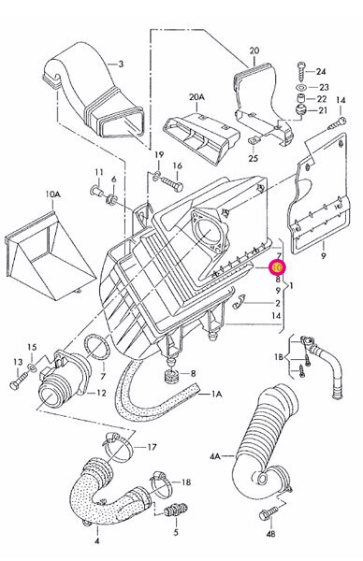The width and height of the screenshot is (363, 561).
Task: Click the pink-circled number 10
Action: (x=278, y=266)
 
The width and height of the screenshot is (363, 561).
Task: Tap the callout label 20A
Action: (x=196, y=97)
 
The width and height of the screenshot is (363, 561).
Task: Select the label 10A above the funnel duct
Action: (x=52, y=194)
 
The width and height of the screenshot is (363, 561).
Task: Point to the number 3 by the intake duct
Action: (x=121, y=64)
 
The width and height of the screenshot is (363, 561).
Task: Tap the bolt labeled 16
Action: (x=171, y=183)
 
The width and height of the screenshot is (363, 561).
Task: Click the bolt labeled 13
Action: (x=20, y=380)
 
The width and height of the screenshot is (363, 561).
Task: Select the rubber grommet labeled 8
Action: (x=171, y=375)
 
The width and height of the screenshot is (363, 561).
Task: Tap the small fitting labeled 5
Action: (x=176, y=510)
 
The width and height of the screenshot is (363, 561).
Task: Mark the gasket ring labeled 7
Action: (x=96, y=347)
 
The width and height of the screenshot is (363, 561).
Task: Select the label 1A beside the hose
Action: (x=217, y=394)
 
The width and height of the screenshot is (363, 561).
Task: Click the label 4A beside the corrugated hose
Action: (x=215, y=456)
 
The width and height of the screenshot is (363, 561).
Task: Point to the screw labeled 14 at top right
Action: (x=337, y=122)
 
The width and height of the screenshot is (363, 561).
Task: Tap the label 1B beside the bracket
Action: (x=278, y=356)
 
